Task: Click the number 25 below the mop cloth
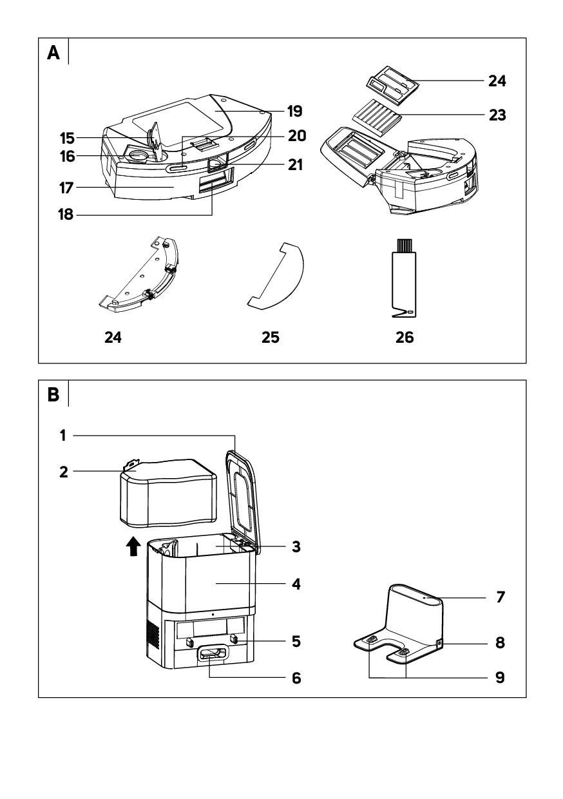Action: tap(271, 338)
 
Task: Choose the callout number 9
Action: tap(500, 678)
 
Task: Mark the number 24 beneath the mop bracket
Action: tap(113, 338)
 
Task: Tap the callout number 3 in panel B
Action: tap(297, 546)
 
